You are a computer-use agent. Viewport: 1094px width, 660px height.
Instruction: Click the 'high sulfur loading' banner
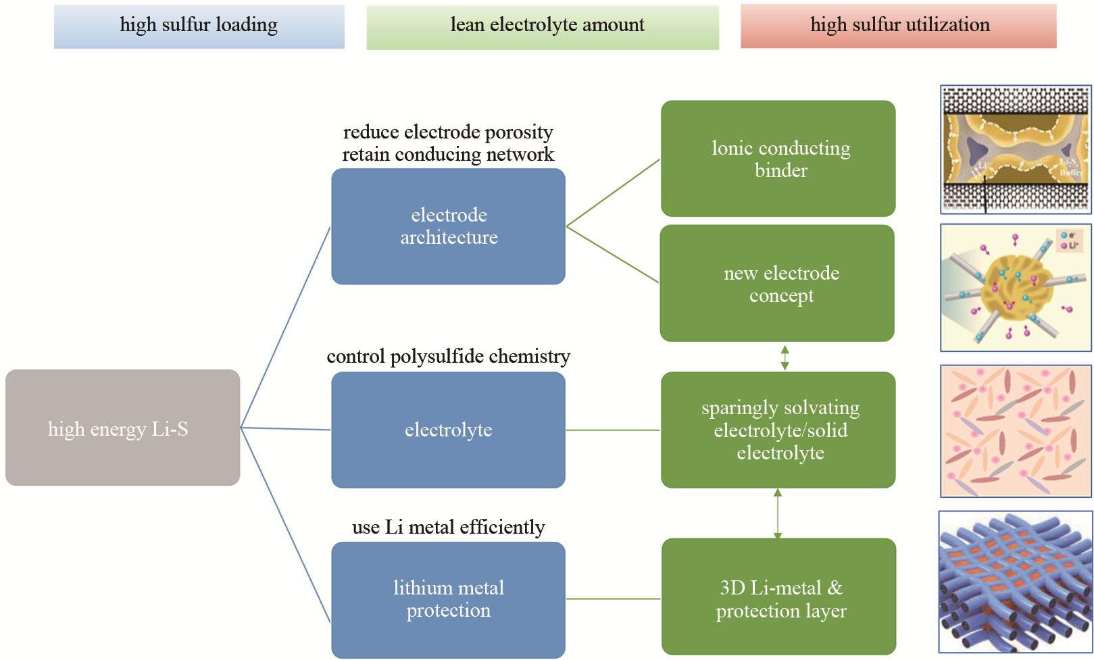199,26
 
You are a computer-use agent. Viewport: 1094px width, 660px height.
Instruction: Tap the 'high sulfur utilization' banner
898,26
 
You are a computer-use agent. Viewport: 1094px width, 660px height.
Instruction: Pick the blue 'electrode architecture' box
448,226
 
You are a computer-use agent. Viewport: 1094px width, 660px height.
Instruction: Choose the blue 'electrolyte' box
448,430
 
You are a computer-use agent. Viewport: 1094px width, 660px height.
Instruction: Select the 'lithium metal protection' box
448,599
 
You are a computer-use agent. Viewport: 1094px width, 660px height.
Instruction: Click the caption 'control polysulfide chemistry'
448,356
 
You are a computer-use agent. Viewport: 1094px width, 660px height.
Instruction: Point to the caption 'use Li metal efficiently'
448,527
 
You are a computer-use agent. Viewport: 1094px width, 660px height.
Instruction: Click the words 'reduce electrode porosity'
448,132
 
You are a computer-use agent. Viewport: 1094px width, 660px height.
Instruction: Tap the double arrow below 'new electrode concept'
785,357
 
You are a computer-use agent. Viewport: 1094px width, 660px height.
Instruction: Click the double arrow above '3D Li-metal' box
778,513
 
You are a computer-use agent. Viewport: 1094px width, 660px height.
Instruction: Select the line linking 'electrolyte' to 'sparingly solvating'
613,430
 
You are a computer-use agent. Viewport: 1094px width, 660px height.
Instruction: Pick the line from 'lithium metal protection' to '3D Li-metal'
613,599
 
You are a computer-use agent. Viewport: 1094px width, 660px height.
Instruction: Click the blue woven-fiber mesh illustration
1015,582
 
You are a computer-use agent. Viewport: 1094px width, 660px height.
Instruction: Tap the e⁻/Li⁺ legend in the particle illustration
1070,241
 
